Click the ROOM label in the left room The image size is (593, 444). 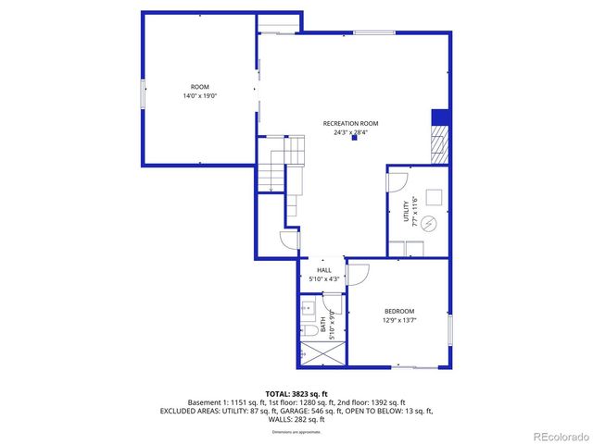coord(199,87)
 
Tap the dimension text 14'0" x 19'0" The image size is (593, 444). coord(199,96)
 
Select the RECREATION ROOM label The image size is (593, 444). coord(350,123)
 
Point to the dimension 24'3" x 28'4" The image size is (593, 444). coord(350,132)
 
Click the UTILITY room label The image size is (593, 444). coord(405,212)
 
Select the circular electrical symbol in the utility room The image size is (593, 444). coord(429,223)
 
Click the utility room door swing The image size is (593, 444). coord(397,179)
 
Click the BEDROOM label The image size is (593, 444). coord(399,312)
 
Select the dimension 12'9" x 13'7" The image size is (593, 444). coord(399,321)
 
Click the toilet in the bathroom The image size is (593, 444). coord(308,331)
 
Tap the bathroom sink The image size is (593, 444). coord(308,306)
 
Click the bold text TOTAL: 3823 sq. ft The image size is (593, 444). coord(297,392)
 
